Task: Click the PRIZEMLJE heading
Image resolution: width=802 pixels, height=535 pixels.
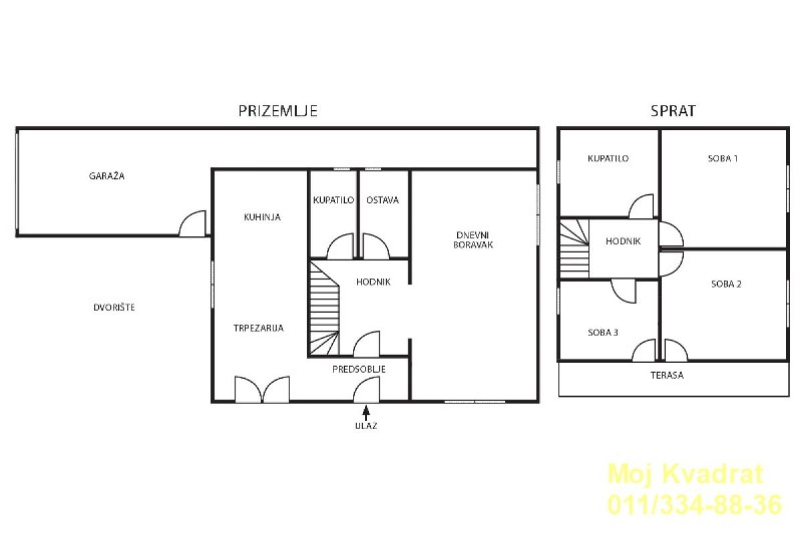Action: coord(278,111)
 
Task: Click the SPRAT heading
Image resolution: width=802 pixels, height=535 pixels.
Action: coord(673,111)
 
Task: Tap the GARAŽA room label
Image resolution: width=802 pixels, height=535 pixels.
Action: coord(107,176)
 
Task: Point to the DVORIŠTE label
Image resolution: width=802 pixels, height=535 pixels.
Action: coord(114,307)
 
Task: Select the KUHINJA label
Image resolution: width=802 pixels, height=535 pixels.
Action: coord(262,217)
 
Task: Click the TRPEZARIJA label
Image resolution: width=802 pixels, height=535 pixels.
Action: coord(259,328)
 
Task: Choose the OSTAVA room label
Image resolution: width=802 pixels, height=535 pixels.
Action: coord(382,200)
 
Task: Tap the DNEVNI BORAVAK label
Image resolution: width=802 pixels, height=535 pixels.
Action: coord(473,240)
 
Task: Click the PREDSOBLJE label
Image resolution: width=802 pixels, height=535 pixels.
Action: coord(359,369)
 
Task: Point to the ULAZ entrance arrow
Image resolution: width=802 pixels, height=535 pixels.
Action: coord(366,412)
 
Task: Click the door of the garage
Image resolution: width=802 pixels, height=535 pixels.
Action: coord(193,224)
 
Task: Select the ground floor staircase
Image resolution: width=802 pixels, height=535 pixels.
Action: coord(324,309)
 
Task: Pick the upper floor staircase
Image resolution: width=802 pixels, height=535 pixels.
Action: coord(574,249)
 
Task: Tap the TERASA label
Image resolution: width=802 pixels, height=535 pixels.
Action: coord(667,375)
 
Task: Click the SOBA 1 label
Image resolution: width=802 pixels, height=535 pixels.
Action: coord(723,158)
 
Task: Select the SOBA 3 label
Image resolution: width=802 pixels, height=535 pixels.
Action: coord(603,333)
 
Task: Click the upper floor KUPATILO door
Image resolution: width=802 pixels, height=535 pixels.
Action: coord(641,206)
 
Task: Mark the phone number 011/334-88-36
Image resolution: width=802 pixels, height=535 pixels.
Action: coord(695,505)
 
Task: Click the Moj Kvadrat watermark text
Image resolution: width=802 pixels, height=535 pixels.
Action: coord(686,474)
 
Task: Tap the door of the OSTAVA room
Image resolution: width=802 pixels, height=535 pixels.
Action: coord(376,246)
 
